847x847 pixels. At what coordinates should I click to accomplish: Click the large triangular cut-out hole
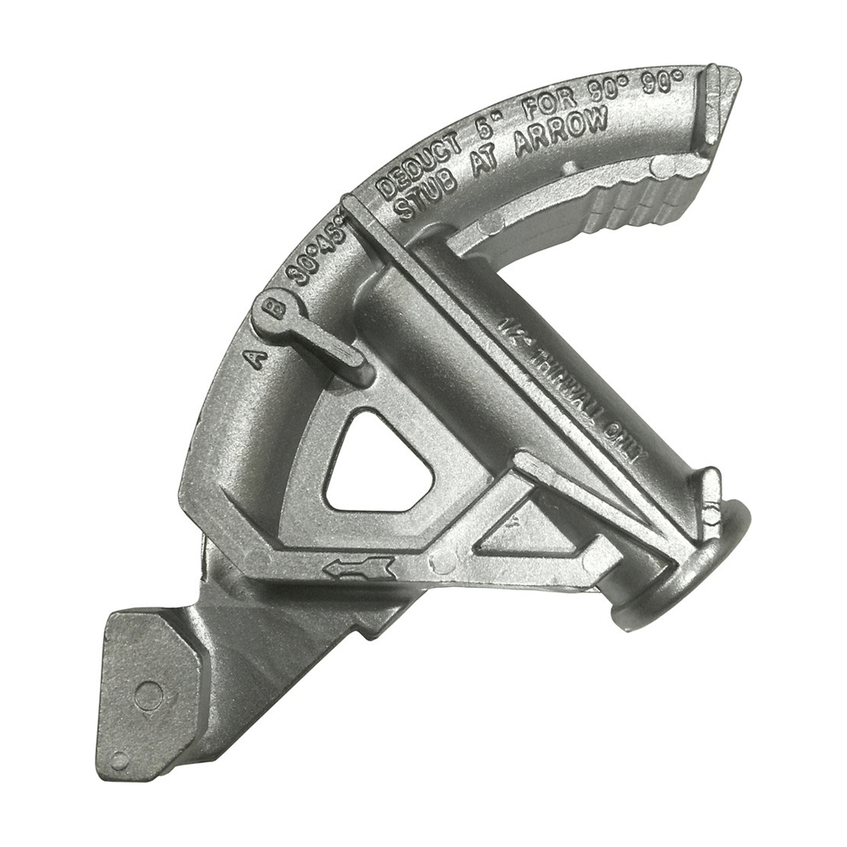tap(377, 462)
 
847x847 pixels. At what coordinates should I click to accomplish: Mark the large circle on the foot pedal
tap(149, 696)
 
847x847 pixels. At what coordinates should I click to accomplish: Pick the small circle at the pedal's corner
tap(119, 761)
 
